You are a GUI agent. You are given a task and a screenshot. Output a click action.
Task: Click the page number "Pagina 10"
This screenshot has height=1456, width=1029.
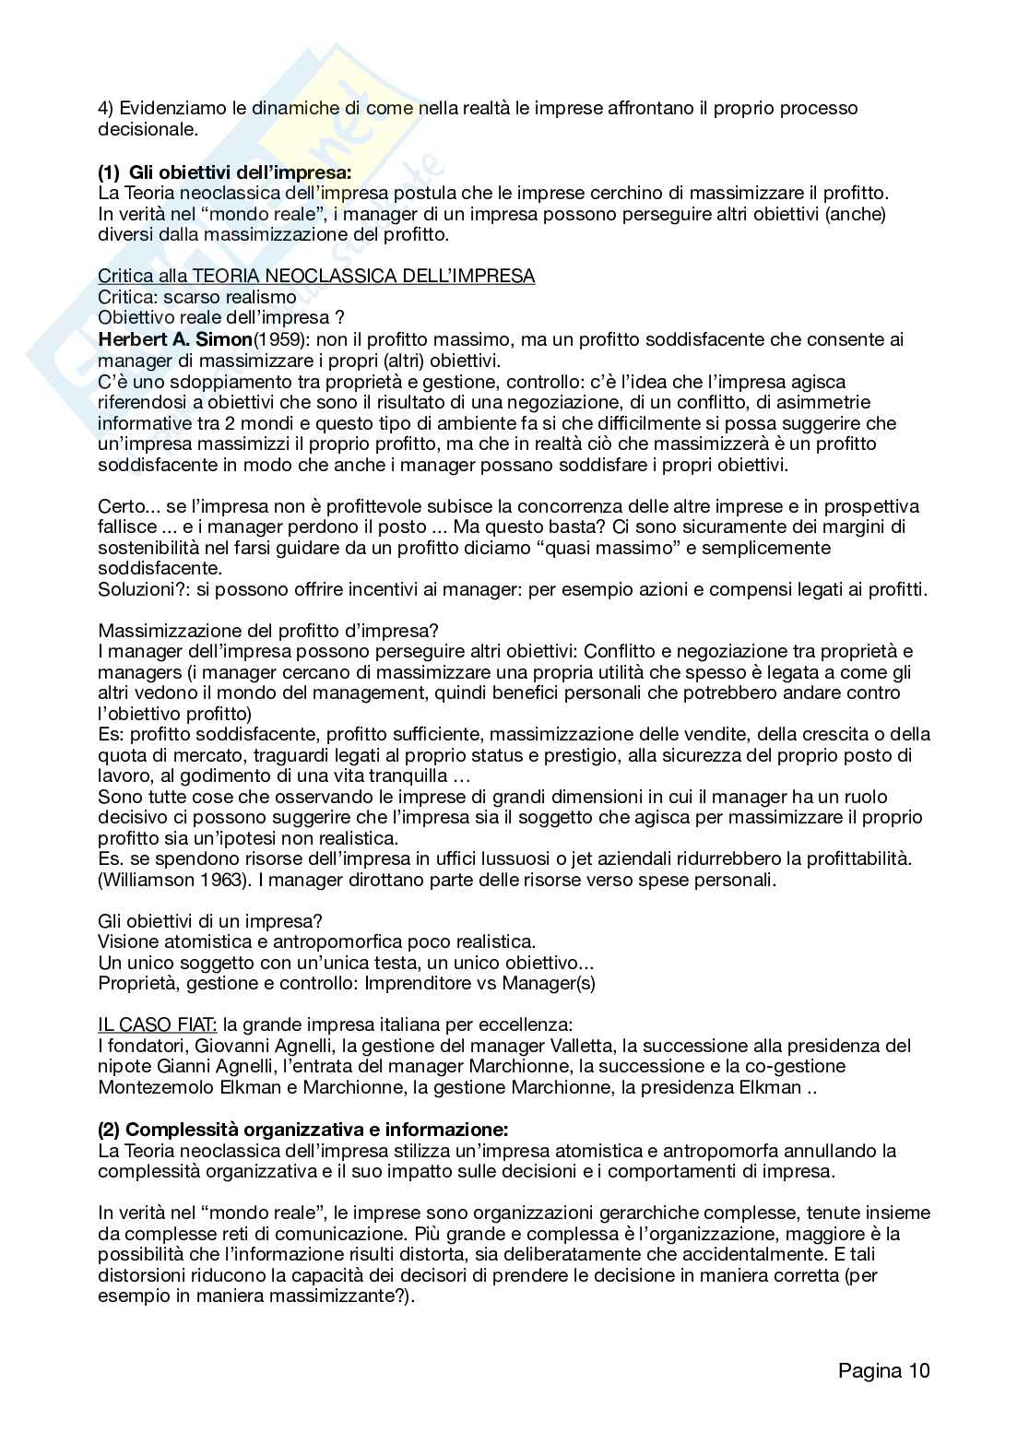point(883,1370)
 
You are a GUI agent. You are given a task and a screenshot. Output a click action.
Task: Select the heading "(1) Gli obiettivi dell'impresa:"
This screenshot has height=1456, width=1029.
point(225,172)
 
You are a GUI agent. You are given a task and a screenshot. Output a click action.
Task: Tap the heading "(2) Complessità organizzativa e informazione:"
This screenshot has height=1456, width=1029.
point(303,1130)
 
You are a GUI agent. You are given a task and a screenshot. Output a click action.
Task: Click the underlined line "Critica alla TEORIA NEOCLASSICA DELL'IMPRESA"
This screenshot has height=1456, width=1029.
point(316,276)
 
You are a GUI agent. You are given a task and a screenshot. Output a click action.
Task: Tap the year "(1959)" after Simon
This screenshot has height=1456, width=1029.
point(281,339)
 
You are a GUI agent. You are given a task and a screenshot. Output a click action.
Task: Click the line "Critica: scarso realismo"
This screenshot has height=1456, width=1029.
point(197,297)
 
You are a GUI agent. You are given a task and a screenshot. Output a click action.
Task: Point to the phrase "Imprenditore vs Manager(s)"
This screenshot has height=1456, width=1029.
point(479,983)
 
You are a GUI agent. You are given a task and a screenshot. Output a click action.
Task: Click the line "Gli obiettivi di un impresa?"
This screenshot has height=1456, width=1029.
point(210,921)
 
